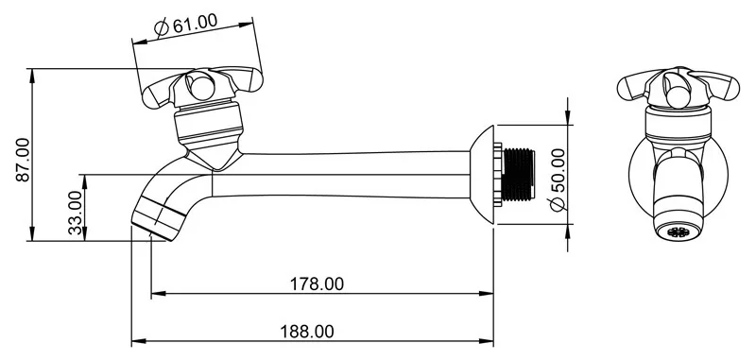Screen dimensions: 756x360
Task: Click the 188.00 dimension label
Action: click(x=306, y=332)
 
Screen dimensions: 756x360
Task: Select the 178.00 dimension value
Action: click(x=317, y=283)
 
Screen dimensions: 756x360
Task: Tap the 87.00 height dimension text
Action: click(x=23, y=160)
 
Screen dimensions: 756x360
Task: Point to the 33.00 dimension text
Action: click(x=75, y=213)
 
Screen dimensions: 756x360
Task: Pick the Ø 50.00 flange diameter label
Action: click(x=558, y=180)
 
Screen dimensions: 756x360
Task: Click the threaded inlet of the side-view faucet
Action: click(x=518, y=175)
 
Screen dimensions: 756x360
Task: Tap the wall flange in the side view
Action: click(x=482, y=175)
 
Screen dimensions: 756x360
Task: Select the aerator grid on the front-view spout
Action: click(x=678, y=231)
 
